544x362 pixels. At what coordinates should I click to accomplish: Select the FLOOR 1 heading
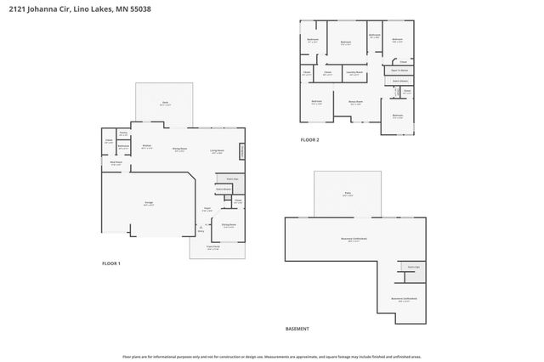tap(111, 263)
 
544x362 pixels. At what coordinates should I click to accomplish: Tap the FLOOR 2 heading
tap(309, 139)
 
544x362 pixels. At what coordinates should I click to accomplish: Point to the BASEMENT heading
tap(297, 329)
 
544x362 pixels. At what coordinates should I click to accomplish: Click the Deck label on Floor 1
tap(165, 104)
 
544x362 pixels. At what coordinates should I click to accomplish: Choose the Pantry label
tap(123, 133)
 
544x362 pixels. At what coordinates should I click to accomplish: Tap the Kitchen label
tap(146, 146)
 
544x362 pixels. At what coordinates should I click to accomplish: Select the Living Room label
tap(218, 151)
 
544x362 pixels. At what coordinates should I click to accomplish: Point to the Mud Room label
tap(116, 163)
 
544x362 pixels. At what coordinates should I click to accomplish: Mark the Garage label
tap(148, 203)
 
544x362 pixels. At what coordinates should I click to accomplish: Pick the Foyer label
tap(207, 208)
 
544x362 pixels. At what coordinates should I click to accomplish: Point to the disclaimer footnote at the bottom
tap(272, 358)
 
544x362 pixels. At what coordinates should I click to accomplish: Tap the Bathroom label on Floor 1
tap(123, 146)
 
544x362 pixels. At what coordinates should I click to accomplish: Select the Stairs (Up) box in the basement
tap(413, 267)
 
